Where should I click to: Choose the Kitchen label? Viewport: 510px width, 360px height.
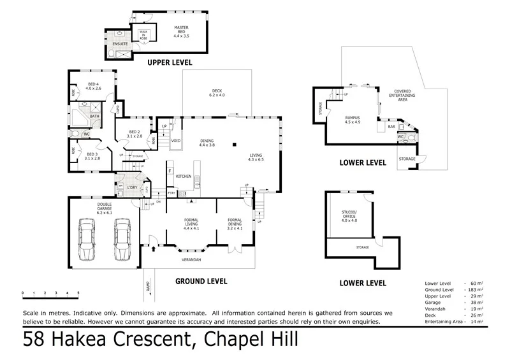coord(184,175)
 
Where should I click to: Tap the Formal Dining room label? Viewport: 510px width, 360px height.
coord(235,224)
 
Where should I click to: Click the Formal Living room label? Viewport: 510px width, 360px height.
coord(191,224)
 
